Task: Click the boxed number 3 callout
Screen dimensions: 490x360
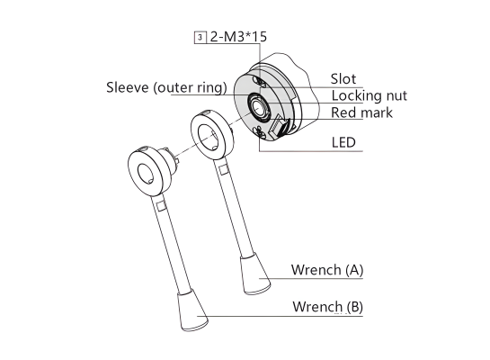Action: click(200, 37)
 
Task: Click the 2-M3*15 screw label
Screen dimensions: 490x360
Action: click(238, 37)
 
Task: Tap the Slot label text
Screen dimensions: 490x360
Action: click(343, 79)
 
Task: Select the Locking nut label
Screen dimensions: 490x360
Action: click(369, 95)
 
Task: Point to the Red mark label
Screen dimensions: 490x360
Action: click(361, 112)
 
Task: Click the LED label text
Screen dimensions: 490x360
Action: click(343, 142)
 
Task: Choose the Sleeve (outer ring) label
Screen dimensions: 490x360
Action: click(166, 87)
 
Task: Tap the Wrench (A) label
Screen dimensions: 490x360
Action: click(327, 270)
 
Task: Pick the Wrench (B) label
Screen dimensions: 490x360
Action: click(327, 307)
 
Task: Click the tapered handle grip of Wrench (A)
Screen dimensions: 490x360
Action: click(255, 274)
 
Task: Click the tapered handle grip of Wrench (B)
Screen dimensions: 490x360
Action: click(192, 310)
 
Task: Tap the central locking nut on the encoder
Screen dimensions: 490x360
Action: click(258, 108)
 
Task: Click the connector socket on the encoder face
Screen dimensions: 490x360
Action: click(279, 126)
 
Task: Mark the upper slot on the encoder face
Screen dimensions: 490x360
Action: click(260, 81)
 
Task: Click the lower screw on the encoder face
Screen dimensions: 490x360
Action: click(261, 132)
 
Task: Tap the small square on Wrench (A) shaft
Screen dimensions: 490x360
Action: click(223, 170)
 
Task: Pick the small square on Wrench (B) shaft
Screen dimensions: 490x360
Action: click(161, 206)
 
